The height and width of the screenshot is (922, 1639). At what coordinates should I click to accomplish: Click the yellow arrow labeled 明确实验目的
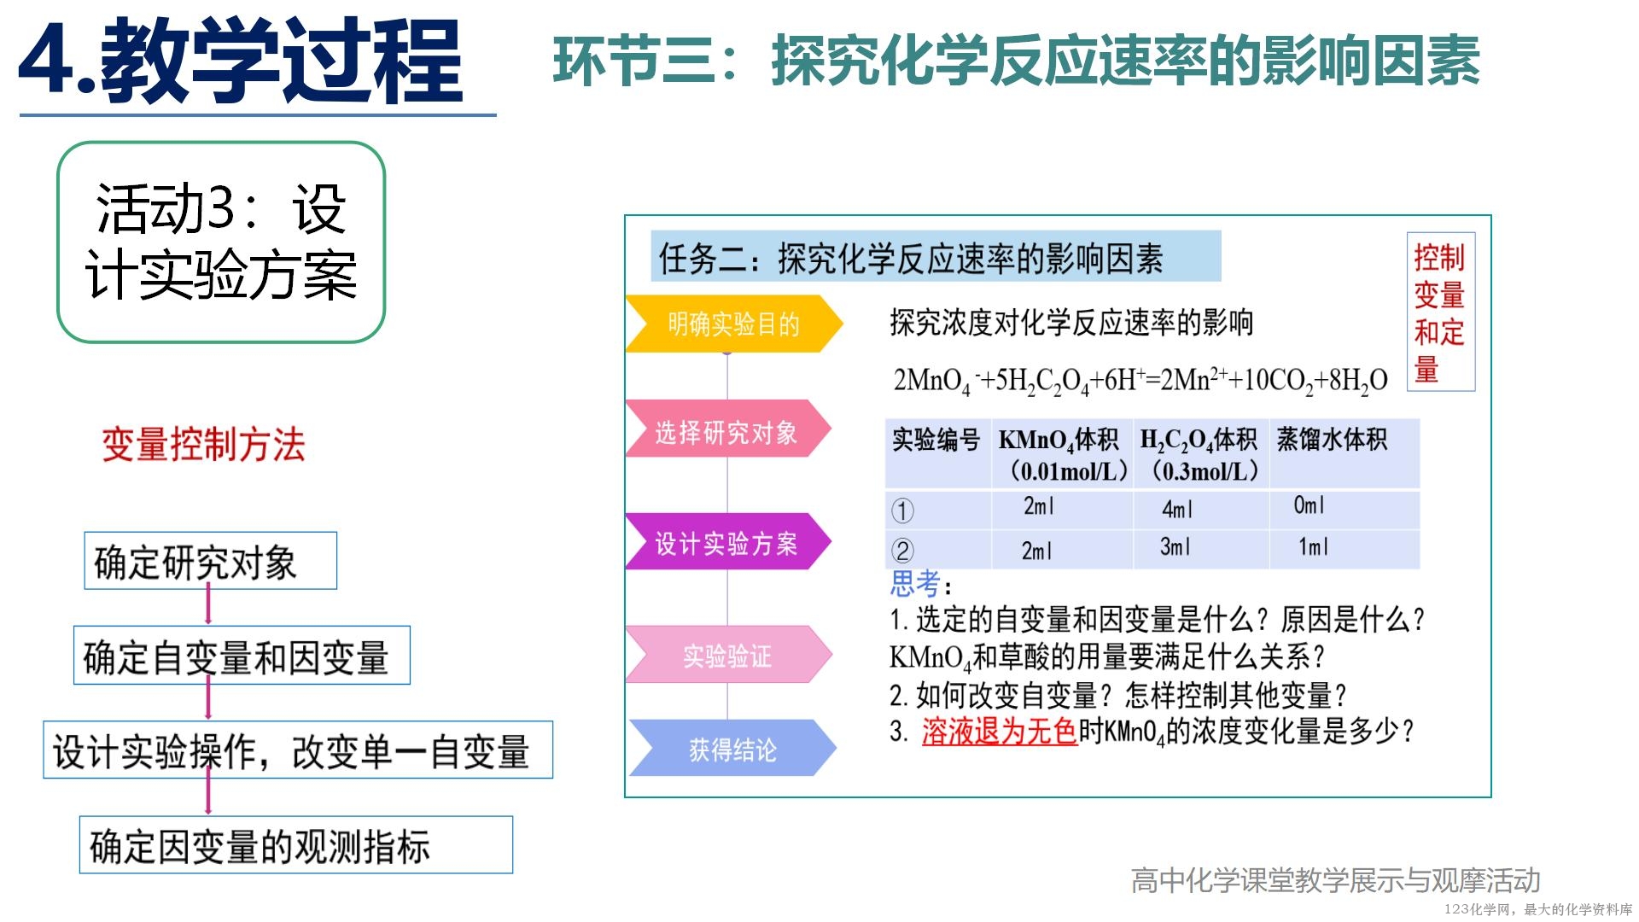click(x=734, y=324)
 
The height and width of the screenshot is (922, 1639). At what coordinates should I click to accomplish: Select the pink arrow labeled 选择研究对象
click(x=728, y=429)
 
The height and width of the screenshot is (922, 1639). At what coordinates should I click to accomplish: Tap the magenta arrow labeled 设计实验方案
click(x=728, y=541)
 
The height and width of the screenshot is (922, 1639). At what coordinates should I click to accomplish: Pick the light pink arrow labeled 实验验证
click(x=728, y=655)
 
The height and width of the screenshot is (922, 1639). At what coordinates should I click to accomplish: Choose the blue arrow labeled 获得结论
click(x=732, y=748)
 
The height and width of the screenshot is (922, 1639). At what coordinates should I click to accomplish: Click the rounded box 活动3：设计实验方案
click(x=221, y=242)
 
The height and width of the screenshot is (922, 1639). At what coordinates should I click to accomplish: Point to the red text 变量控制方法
click(x=203, y=445)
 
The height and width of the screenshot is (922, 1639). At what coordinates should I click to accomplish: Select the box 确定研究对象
click(x=211, y=561)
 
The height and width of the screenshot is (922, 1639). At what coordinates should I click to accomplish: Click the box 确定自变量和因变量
click(x=242, y=656)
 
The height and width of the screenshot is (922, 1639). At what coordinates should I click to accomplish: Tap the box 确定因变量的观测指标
click(x=296, y=845)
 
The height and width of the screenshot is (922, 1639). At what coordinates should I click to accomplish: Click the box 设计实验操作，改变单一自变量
click(x=298, y=750)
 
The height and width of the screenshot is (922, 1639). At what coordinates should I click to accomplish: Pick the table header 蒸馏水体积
click(x=1332, y=440)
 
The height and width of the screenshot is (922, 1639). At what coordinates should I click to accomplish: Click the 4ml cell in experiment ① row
click(x=1177, y=509)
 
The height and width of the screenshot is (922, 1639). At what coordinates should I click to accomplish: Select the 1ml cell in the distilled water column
click(x=1313, y=547)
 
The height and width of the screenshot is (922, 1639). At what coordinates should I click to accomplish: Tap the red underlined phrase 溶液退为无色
click(x=1000, y=731)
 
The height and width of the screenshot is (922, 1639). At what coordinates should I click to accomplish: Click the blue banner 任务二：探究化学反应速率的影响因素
click(x=936, y=256)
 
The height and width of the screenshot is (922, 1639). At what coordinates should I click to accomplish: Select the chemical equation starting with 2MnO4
click(x=1140, y=380)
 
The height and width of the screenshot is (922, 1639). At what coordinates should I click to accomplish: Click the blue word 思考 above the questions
click(x=915, y=584)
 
